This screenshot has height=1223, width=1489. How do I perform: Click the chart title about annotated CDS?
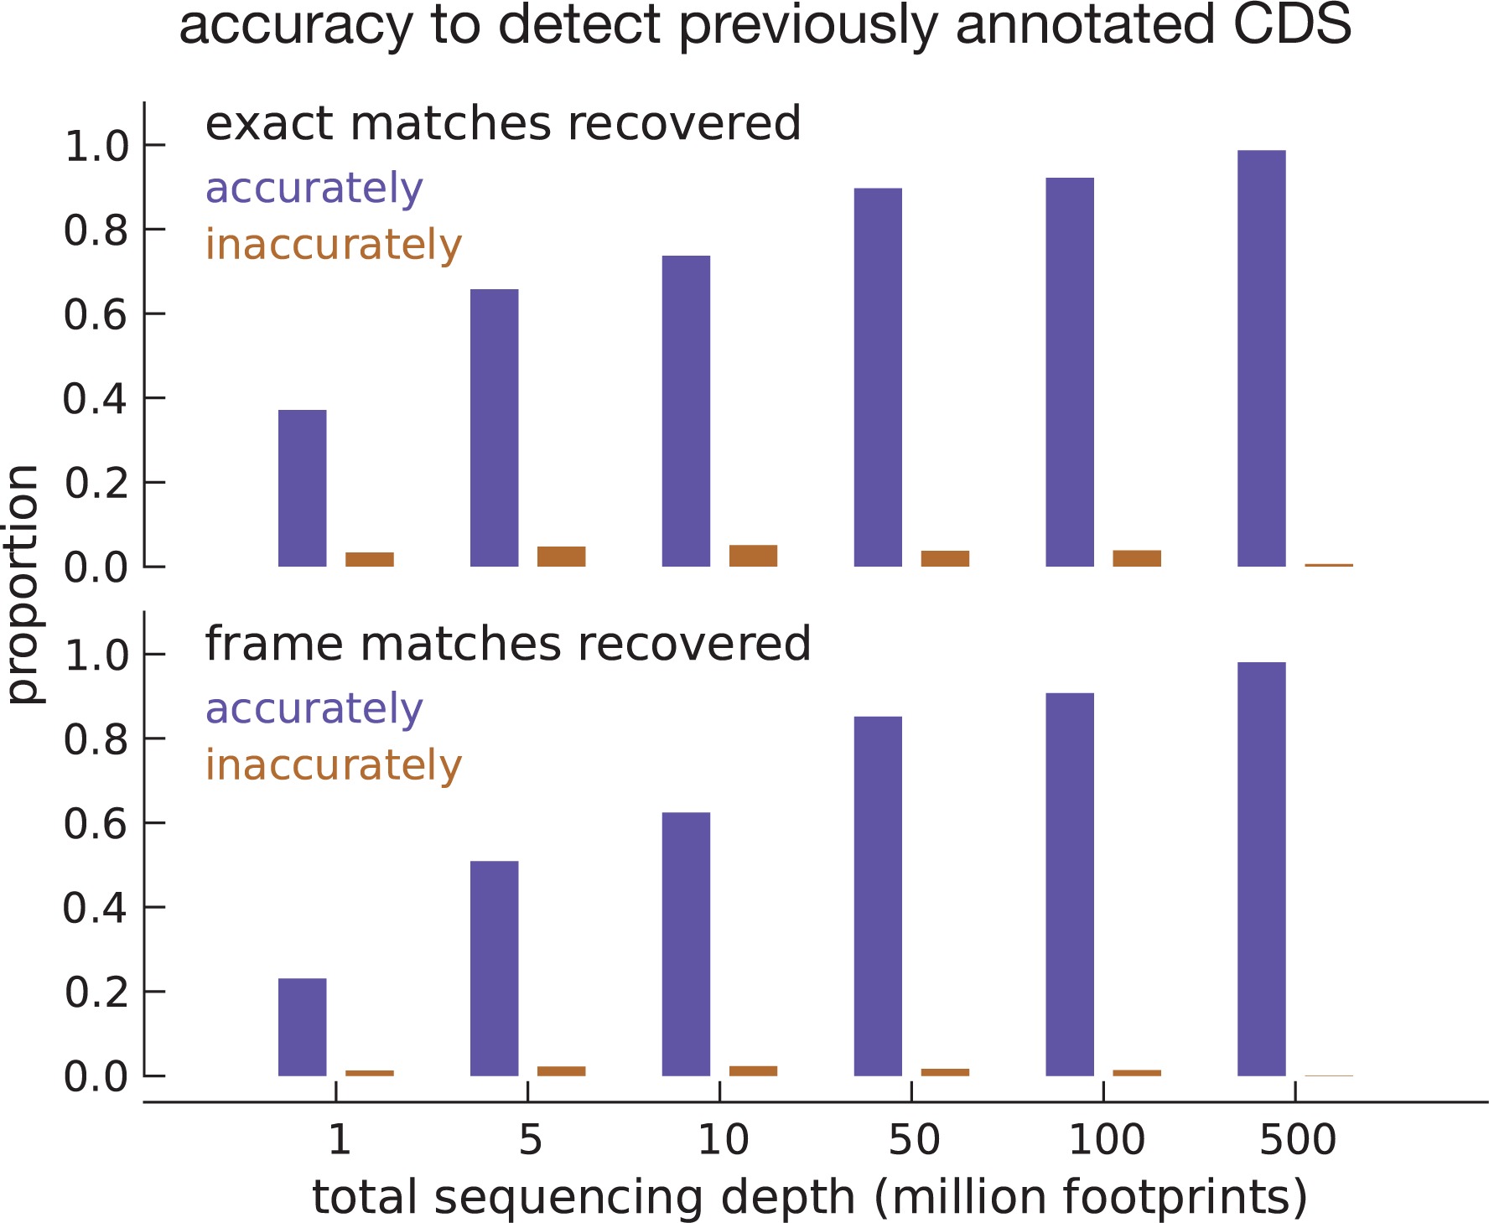click(x=765, y=25)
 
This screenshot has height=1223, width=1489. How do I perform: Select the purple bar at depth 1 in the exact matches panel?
click(x=302, y=488)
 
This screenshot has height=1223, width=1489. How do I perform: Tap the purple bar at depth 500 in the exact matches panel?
click(x=1261, y=359)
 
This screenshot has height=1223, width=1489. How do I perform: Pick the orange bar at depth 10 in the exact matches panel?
click(x=753, y=556)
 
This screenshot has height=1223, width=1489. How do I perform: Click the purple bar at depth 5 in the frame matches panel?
click(x=494, y=968)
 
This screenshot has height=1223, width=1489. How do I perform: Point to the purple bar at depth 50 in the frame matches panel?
click(x=878, y=896)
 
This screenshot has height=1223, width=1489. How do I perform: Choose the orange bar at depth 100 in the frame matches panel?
click(x=1137, y=1072)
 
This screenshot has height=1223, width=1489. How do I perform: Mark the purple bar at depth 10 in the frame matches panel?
click(x=686, y=944)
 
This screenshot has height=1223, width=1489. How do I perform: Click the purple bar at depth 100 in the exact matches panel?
click(x=1070, y=372)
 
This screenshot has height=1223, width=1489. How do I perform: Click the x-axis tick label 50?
click(x=913, y=1140)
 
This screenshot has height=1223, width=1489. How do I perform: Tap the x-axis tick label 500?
click(x=1297, y=1140)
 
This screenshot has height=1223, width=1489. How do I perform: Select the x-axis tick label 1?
click(x=338, y=1140)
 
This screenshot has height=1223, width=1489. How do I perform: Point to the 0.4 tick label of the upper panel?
click(x=96, y=399)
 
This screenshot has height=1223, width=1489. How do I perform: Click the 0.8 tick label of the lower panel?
click(x=96, y=739)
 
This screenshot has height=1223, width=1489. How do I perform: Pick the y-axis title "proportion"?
click(x=23, y=584)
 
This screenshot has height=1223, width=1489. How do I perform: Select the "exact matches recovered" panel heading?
click(x=503, y=124)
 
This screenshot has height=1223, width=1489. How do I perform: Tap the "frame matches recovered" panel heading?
click(x=508, y=644)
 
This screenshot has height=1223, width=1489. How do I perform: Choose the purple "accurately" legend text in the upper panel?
click(x=314, y=189)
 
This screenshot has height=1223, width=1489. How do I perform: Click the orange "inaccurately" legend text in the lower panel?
click(x=334, y=765)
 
